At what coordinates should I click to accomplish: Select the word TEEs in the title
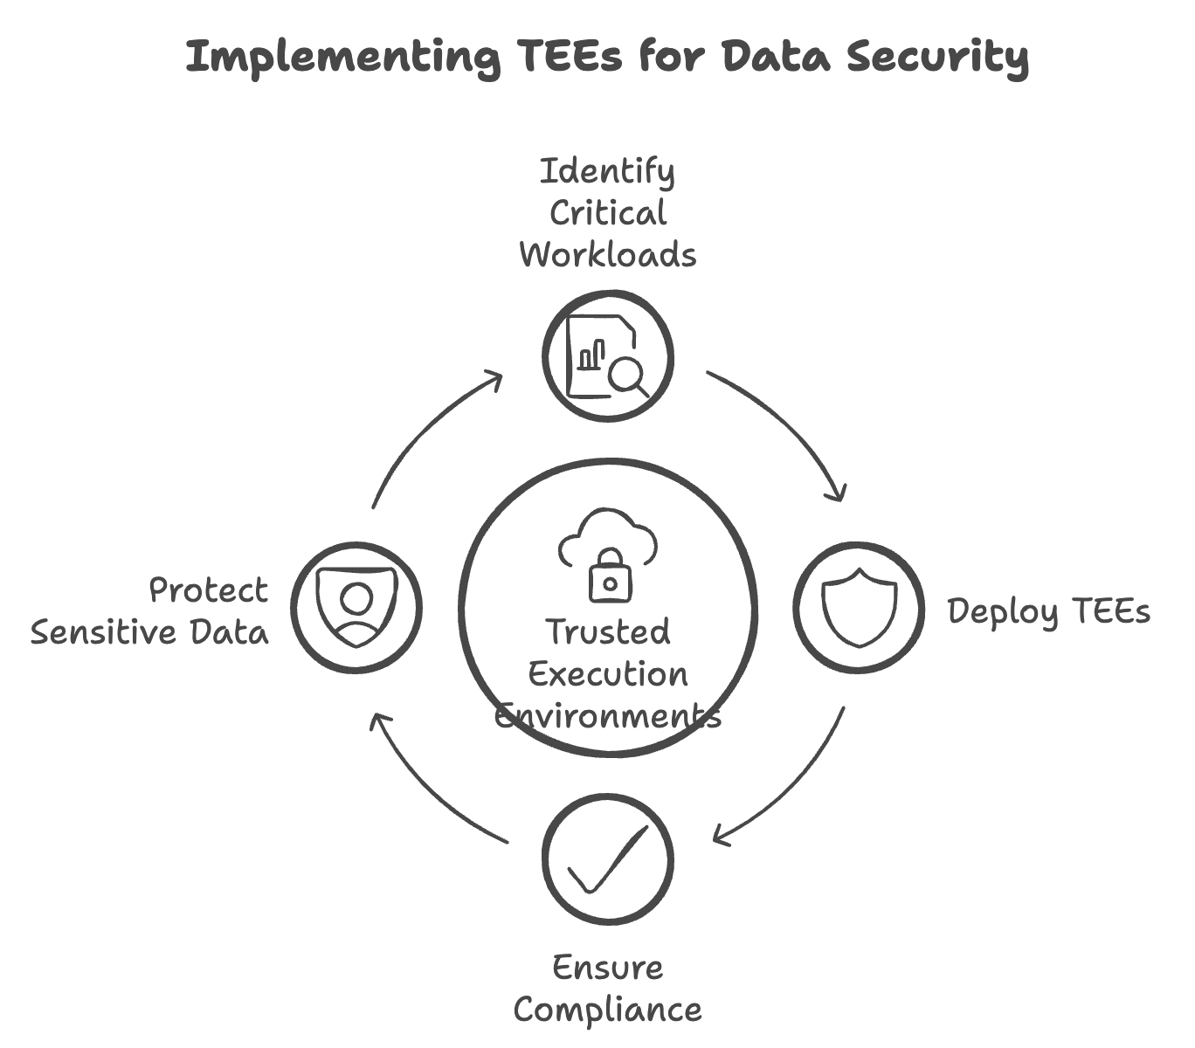pyautogui.click(x=570, y=58)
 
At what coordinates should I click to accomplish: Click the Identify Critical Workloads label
pyautogui.click(x=608, y=213)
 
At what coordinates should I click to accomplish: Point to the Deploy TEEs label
pyautogui.click(x=1048, y=611)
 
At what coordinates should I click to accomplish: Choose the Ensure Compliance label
pyautogui.click(x=608, y=989)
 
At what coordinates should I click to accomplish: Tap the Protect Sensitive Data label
pyautogui.click(x=150, y=611)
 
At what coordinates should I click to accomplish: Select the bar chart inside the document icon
pyautogui.click(x=591, y=355)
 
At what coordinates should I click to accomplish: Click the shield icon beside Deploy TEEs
pyautogui.click(x=860, y=608)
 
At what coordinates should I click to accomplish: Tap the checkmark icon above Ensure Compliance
pyautogui.click(x=608, y=859)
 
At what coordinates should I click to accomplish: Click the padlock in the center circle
pyautogui.click(x=609, y=576)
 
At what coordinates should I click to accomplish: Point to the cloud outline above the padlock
pyautogui.click(x=608, y=533)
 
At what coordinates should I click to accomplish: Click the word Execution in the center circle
pyautogui.click(x=608, y=674)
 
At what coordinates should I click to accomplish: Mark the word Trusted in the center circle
pyautogui.click(x=608, y=631)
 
